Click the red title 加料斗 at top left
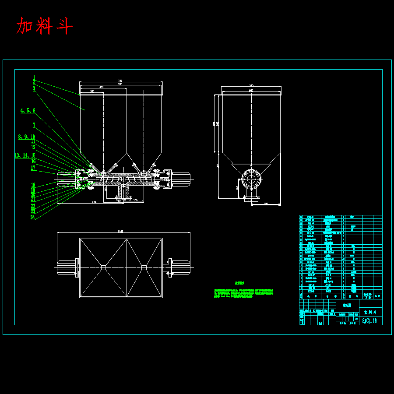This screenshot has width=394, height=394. [x=44, y=26]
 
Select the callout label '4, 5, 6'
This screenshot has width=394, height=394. [x=28, y=111]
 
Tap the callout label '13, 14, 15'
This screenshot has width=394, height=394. [x=25, y=155]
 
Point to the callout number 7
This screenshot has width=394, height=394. [x=34, y=125]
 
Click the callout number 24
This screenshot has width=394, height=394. [x=33, y=217]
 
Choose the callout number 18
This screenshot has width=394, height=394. [x=33, y=185]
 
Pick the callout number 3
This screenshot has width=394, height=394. [x=34, y=88]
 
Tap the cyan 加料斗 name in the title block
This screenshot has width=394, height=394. [x=370, y=312]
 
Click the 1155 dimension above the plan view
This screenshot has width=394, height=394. [x=120, y=231]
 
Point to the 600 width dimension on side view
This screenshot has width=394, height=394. [x=251, y=90]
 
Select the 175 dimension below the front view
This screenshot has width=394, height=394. [x=135, y=200]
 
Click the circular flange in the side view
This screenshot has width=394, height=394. [x=251, y=179]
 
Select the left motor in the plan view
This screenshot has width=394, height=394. [x=66, y=267]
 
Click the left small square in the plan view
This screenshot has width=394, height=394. [x=103, y=267]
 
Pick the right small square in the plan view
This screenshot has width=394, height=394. [x=144, y=267]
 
